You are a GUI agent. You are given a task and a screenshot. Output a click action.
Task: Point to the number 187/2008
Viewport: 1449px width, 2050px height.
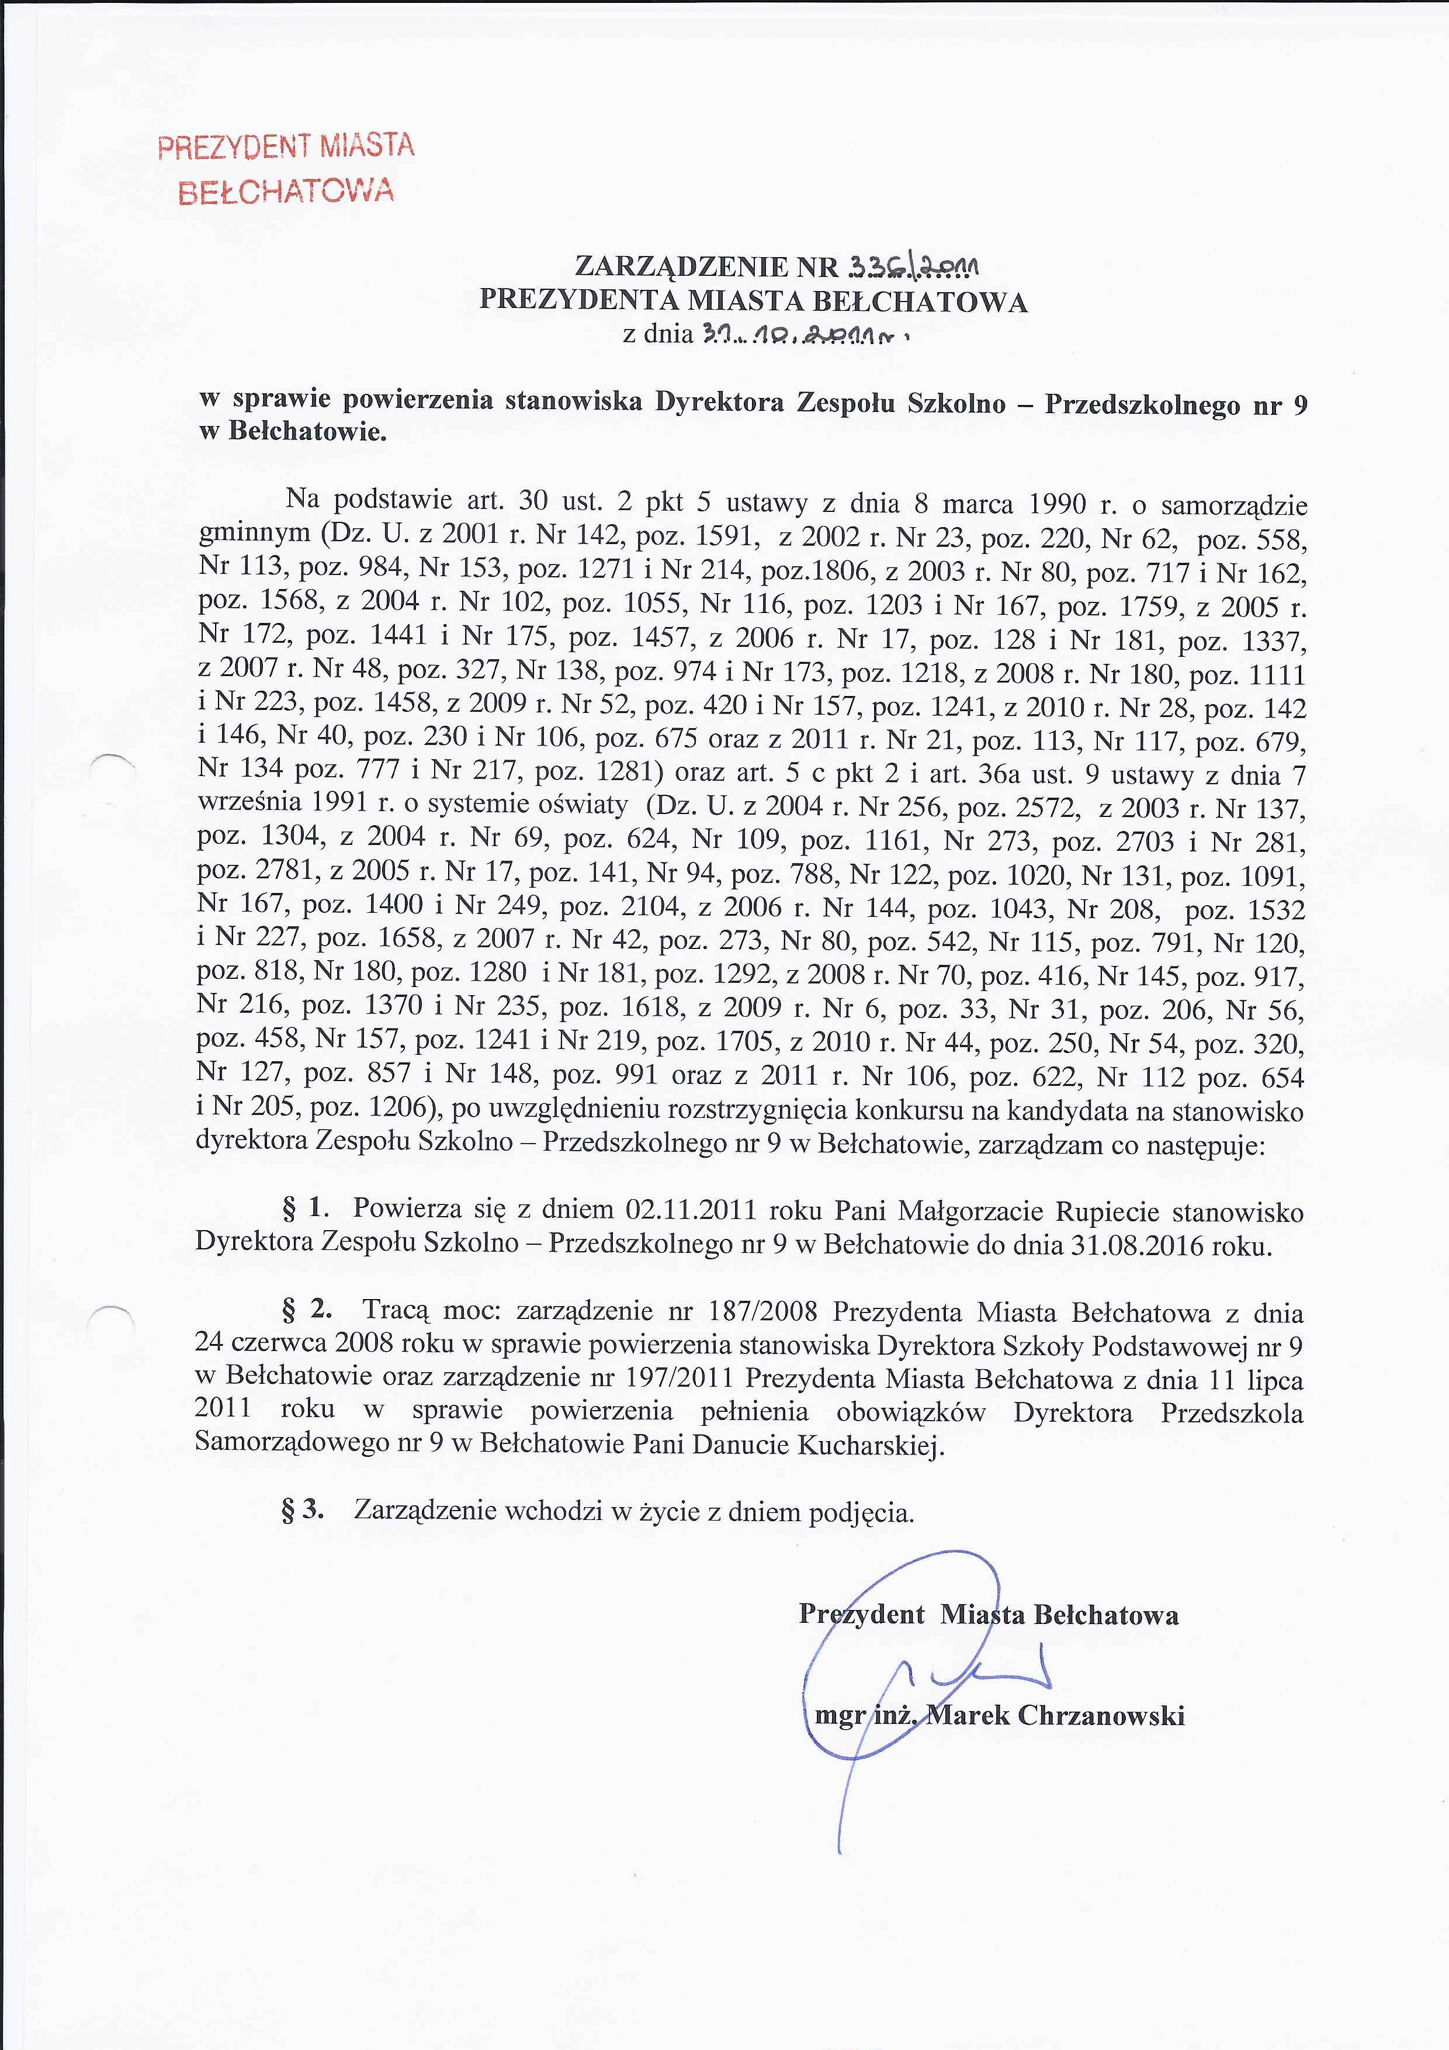(x=761, y=1311)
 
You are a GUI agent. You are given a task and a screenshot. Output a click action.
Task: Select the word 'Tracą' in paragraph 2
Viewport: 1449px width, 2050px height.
(x=396, y=1310)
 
